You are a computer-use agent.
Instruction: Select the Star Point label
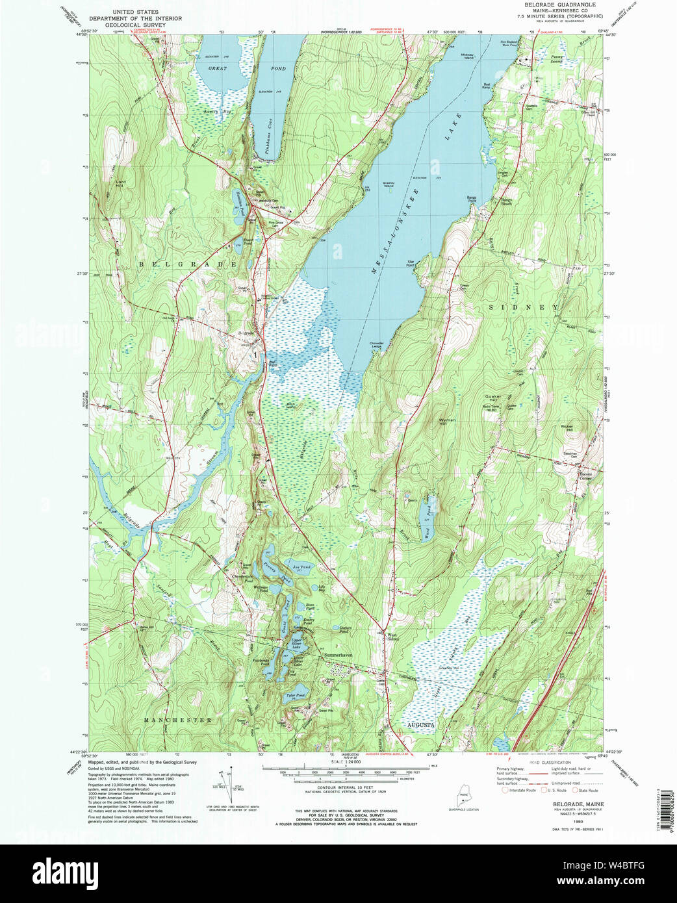(x=411, y=264)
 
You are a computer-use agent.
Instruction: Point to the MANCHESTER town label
(x=178, y=720)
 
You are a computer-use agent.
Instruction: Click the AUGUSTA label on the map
(x=420, y=724)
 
